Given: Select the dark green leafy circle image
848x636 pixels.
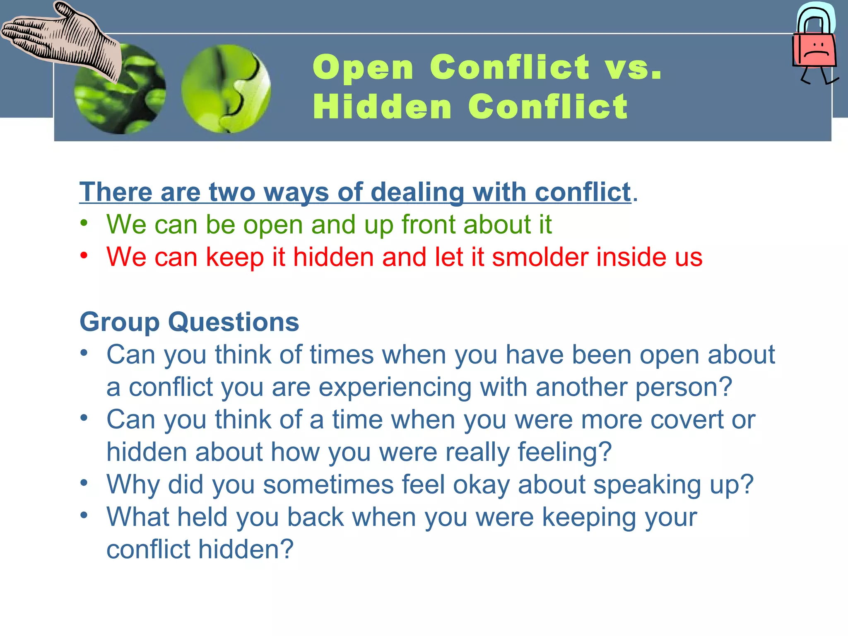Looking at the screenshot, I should coord(120,89).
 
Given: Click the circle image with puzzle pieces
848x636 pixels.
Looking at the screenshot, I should coord(226,89).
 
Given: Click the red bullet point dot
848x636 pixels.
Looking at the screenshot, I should coord(84,255).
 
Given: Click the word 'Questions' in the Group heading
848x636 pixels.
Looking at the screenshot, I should coord(234,322).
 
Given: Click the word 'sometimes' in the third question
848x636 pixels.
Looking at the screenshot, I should coord(328,484).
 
